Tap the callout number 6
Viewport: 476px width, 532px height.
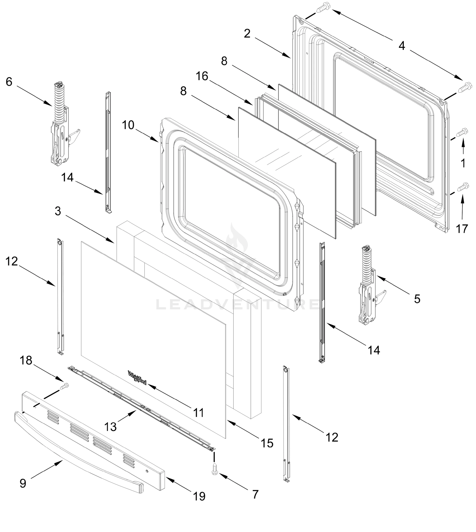(x=9, y=82)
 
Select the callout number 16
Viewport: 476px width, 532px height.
(x=202, y=76)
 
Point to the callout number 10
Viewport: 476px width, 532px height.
(x=128, y=125)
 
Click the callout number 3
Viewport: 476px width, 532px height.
(x=58, y=211)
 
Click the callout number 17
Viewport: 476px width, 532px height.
(x=462, y=229)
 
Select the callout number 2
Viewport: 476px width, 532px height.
(x=247, y=34)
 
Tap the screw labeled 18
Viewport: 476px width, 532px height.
(x=64, y=386)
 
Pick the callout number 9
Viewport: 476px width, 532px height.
(x=23, y=483)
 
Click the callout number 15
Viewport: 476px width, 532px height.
(x=267, y=443)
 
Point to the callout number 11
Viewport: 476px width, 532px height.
(x=198, y=413)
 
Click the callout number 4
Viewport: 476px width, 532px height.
(x=402, y=46)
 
